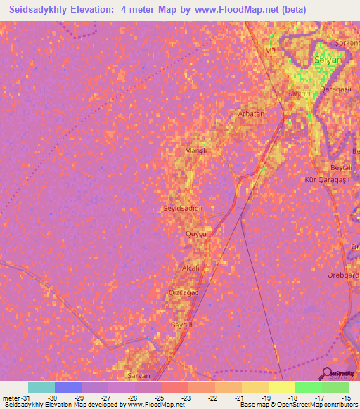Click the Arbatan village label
coord(251,113)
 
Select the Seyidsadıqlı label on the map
coord(183,209)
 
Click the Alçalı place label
coord(191,268)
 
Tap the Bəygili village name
coord(181,325)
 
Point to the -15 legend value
coord(347,398)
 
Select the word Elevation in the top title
coord(94,9)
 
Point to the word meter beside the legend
coord(11,398)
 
